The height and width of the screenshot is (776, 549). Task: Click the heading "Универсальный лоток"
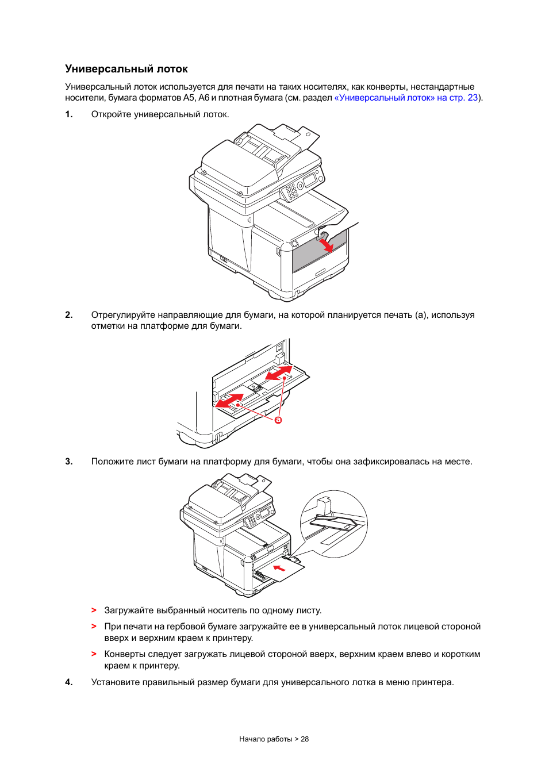[x=126, y=69]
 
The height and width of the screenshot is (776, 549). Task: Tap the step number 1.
[x=69, y=114]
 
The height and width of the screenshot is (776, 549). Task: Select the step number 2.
[x=69, y=315]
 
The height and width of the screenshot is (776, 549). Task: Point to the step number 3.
[x=69, y=462]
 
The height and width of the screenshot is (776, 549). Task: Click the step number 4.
[x=69, y=682]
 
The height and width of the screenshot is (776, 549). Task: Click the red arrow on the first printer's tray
[x=326, y=245]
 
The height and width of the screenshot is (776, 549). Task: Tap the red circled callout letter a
[x=278, y=420]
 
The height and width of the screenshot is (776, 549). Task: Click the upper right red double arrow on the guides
[x=279, y=372]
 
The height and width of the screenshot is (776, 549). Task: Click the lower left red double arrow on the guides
[x=229, y=400]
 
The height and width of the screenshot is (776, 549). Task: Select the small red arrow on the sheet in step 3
[x=279, y=568]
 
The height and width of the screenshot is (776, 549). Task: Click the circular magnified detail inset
[x=333, y=524]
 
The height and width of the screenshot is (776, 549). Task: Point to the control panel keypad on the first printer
[x=292, y=190]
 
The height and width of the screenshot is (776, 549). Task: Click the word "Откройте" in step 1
[x=112, y=114]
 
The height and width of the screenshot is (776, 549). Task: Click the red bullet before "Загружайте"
[x=94, y=610]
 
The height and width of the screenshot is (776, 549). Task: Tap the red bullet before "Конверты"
[x=94, y=654]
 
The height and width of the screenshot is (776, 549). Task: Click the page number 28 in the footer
[x=305, y=739]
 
